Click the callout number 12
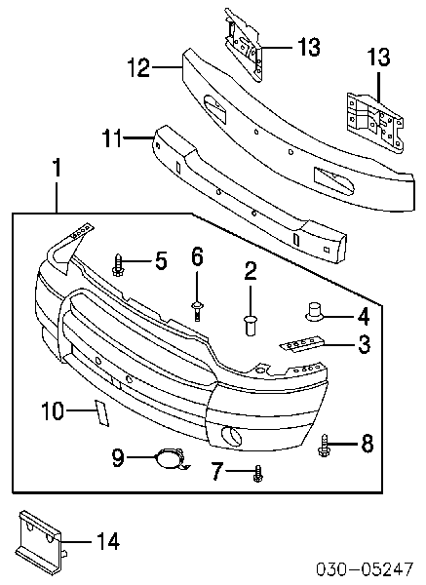click(138, 67)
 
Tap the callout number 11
click(111, 137)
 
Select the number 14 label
click(108, 541)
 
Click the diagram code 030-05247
click(365, 568)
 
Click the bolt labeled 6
click(197, 310)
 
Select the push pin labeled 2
click(250, 325)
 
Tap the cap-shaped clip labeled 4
click(314, 311)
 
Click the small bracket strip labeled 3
click(302, 344)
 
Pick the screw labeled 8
click(324, 445)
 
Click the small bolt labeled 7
click(257, 473)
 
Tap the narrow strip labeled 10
click(101, 412)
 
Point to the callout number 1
click(57, 168)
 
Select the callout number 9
click(118, 457)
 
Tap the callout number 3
click(364, 344)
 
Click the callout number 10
click(53, 410)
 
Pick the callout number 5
click(161, 259)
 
